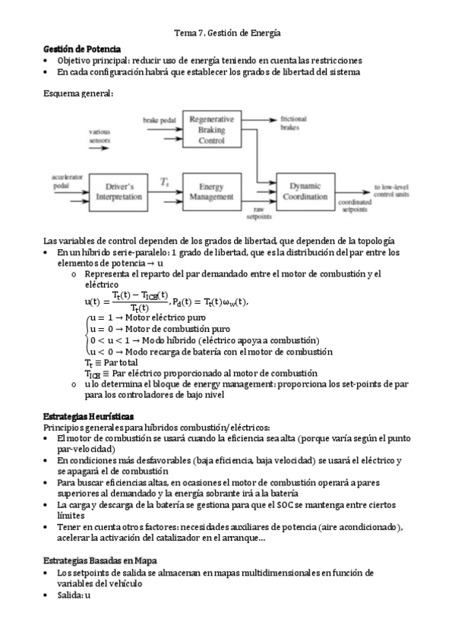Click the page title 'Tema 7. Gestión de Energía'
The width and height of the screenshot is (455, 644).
pyautogui.click(x=227, y=33)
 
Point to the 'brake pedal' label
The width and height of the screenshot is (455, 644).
pyautogui.click(x=158, y=121)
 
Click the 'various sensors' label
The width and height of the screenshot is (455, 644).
pyautogui.click(x=100, y=137)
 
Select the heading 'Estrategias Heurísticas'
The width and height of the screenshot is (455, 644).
pyautogui.click(x=89, y=416)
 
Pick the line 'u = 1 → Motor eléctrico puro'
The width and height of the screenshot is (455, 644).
pyautogui.click(x=156, y=320)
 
